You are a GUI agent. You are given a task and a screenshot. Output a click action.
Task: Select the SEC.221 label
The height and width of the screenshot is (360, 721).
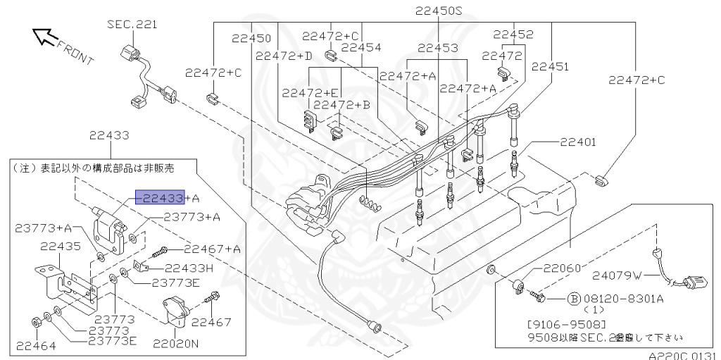click(132, 25)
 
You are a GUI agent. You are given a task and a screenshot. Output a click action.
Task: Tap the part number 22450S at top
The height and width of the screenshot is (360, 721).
click(438, 11)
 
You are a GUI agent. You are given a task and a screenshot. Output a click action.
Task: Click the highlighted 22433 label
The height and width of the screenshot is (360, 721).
click(161, 198)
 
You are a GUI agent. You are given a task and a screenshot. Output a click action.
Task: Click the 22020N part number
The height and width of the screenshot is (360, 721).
click(176, 345)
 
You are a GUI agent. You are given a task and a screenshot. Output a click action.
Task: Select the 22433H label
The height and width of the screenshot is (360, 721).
click(189, 268)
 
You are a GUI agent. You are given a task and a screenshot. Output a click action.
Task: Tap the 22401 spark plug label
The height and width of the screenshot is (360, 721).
click(578, 142)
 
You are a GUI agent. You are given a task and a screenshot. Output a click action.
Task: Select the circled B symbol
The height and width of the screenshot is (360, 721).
click(573, 298)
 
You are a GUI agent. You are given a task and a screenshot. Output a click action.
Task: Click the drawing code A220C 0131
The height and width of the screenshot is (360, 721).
click(682, 355)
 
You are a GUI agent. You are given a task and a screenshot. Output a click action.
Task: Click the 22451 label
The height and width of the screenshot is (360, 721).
click(550, 67)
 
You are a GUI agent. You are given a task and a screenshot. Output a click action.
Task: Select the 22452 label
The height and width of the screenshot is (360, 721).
click(513, 34)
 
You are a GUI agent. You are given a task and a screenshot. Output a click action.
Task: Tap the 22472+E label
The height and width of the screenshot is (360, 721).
click(311, 92)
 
